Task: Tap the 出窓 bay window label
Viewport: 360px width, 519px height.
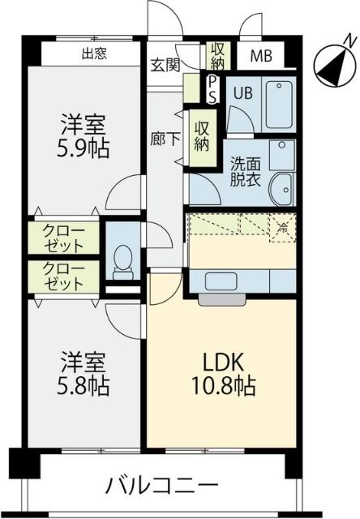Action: tap(96, 55)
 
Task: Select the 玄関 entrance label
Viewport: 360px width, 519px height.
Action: tap(165, 65)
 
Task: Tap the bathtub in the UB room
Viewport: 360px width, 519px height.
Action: tap(279, 103)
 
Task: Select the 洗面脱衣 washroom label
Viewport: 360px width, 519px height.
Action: tap(243, 171)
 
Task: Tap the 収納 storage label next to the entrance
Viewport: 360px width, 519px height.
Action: tap(216, 55)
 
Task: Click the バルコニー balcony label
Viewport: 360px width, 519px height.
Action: tap(162, 487)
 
